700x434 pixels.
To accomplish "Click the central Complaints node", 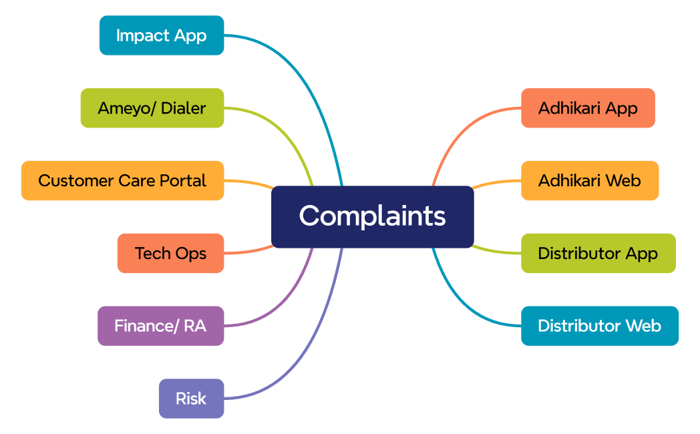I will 372,216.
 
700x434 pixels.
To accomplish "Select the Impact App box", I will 162,35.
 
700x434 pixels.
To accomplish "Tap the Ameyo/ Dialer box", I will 152,107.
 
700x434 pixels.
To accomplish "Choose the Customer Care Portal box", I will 122,180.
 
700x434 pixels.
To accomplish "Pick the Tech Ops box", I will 170,253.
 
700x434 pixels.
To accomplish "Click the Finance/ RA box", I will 160,326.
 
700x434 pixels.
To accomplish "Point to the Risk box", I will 191,399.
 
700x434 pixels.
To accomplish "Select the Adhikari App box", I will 588,107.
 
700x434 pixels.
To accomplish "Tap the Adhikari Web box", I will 590,180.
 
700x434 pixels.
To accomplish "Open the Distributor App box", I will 598,253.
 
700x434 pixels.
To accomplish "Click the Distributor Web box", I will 599,326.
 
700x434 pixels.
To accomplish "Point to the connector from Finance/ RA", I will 287,294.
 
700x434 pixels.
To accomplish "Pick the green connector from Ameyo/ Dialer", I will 287,130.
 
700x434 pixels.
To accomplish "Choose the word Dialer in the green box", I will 183,107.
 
